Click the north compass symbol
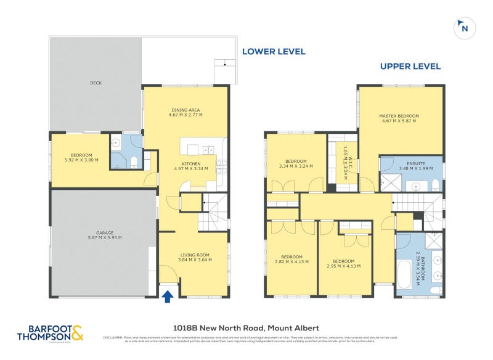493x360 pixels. click(463, 28)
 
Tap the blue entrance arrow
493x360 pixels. click(166, 297)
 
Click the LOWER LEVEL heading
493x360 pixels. click(273, 52)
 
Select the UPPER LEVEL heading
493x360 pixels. click(410, 67)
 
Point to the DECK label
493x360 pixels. click(96, 83)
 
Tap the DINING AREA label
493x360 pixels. click(186, 110)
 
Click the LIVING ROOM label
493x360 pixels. click(195, 255)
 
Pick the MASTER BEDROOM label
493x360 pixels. click(400, 116)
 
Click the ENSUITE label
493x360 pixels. click(411, 163)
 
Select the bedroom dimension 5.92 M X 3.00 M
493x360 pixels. click(81, 160)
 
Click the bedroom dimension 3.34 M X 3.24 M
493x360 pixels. click(296, 166)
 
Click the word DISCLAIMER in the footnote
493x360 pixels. click(113, 337)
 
